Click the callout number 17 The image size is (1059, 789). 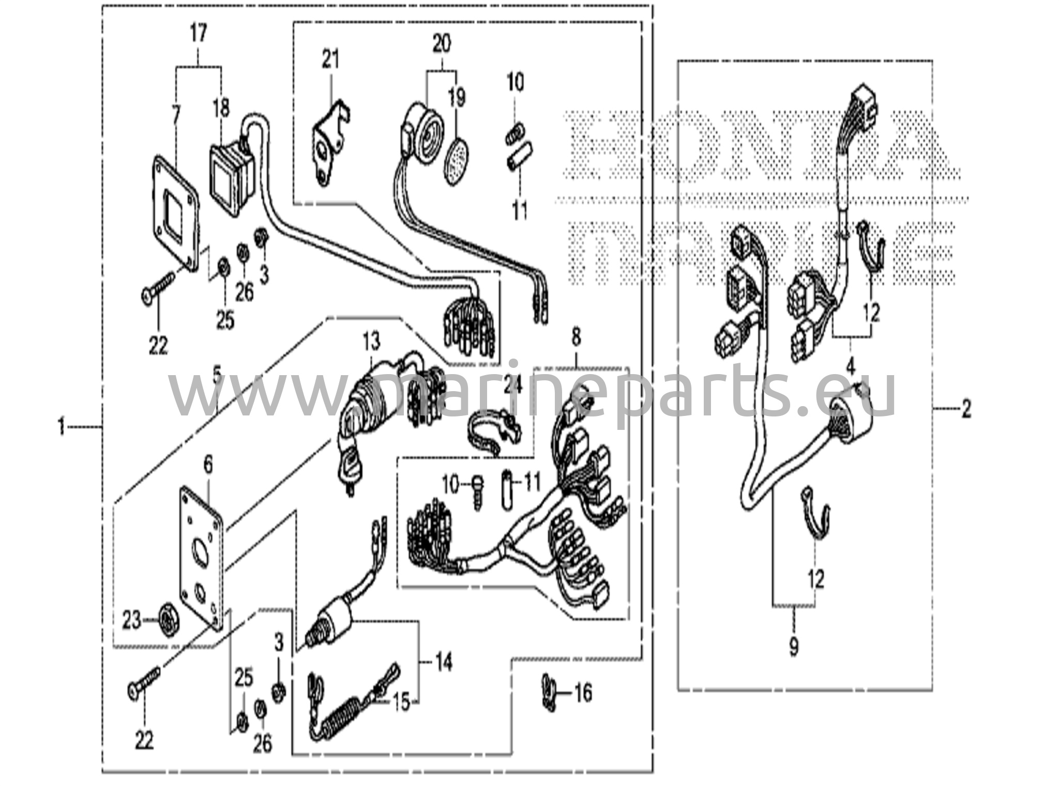pos(198,34)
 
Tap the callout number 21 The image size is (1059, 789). pos(330,59)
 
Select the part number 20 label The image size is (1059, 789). pos(441,43)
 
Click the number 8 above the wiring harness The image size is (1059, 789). pos(576,337)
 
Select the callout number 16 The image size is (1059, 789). pos(583,693)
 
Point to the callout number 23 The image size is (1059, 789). pos(131,620)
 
